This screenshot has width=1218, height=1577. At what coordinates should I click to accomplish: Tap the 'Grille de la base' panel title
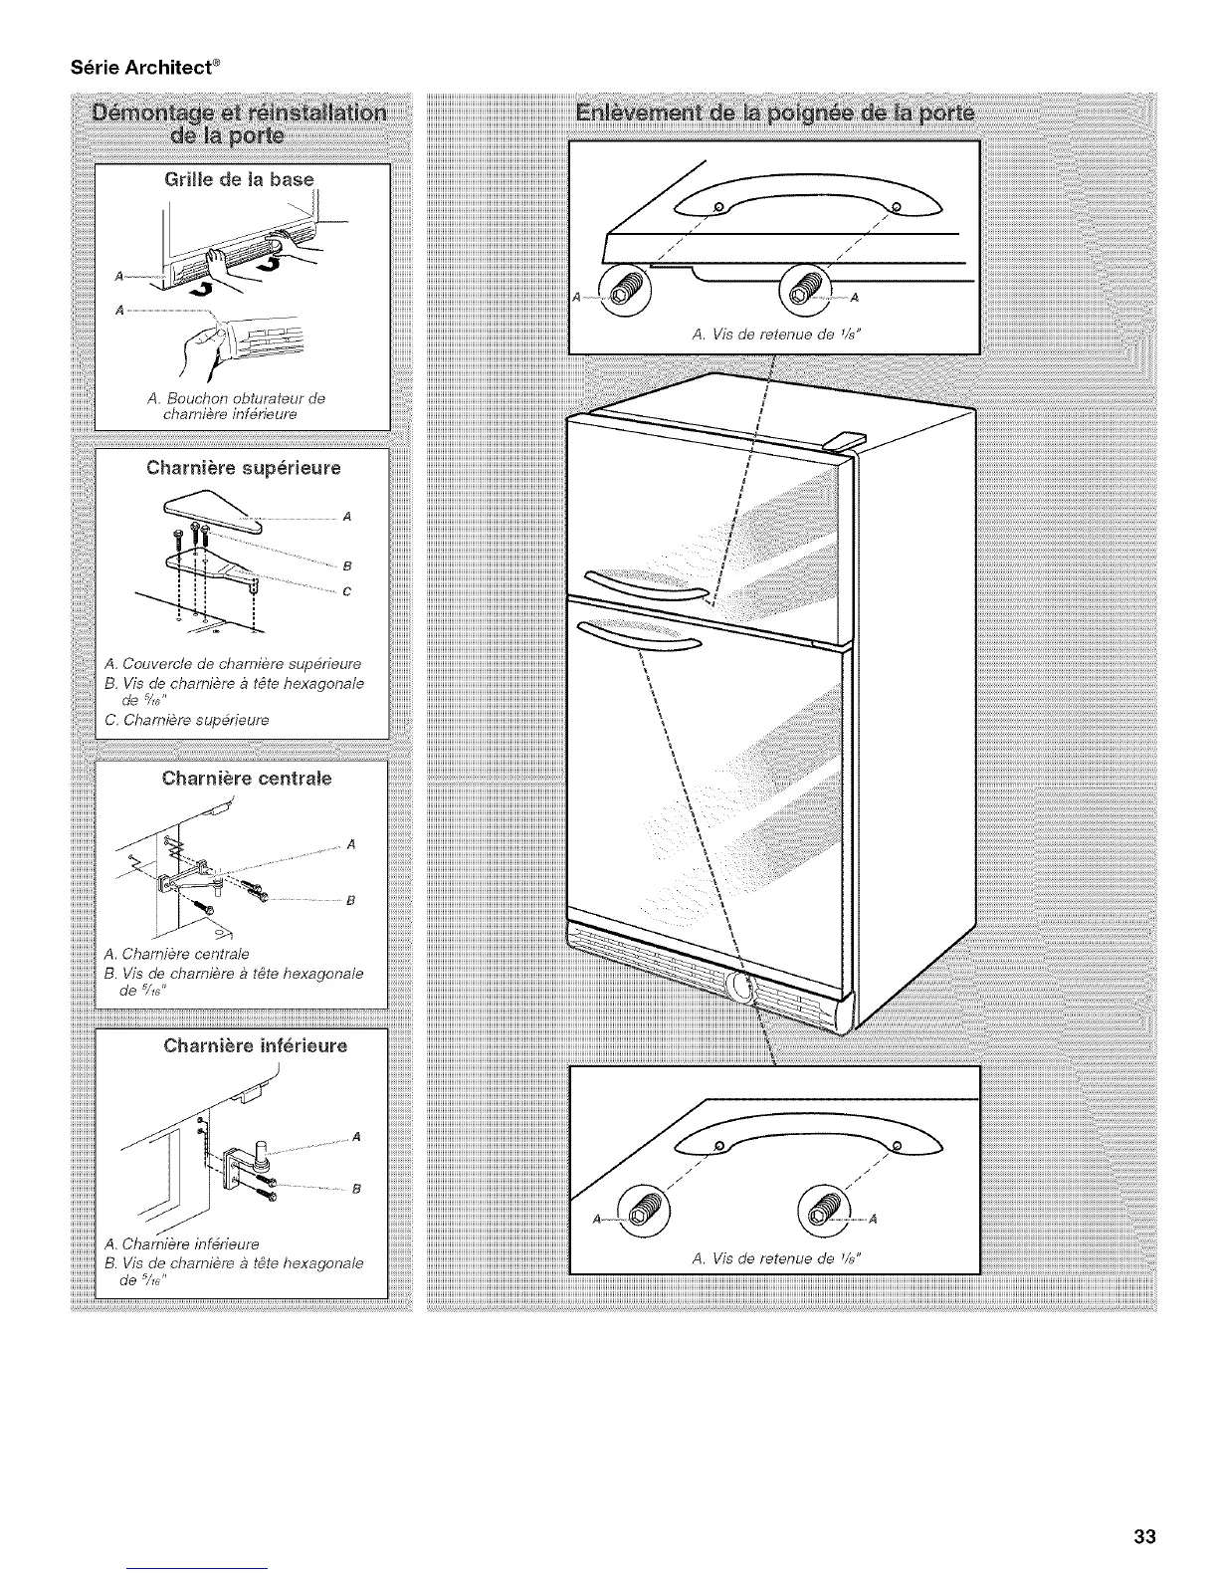coord(240,180)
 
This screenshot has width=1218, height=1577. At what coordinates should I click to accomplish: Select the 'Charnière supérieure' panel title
coord(243,467)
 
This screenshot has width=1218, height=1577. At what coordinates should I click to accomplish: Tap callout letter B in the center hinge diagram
coord(350,902)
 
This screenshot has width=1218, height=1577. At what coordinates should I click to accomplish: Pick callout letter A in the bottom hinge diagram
coord(355,1137)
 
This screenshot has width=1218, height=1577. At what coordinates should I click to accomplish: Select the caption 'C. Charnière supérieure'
coord(185,720)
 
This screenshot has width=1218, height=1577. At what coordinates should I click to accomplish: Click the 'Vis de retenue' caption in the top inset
coord(774,335)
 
